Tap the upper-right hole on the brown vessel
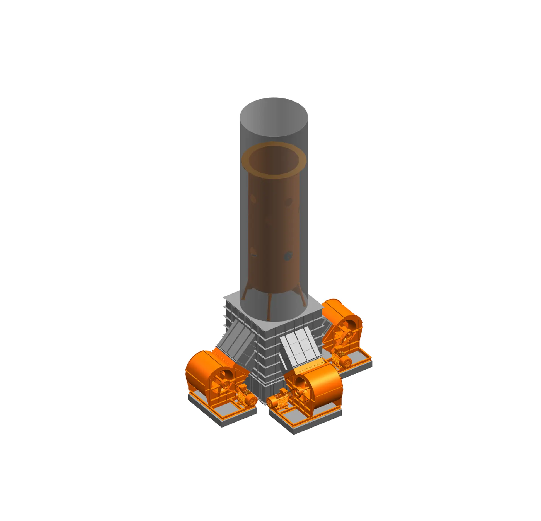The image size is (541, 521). (288, 202)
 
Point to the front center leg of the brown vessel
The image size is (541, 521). (269, 307)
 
